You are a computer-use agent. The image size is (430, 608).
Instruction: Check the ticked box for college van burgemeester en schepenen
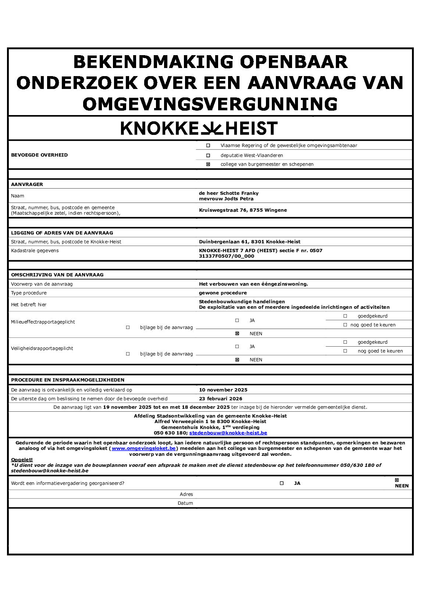coord(208,164)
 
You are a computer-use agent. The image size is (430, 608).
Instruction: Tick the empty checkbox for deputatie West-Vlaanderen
coord(208,155)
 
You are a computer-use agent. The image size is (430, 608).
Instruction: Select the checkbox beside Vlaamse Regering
coord(208,146)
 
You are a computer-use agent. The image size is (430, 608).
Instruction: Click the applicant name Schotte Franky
coord(239,193)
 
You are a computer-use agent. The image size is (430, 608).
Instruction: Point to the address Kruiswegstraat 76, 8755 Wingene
coord(243,210)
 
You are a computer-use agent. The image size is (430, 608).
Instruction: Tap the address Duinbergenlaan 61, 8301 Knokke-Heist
coord(249,242)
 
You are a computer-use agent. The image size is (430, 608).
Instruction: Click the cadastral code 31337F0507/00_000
coord(226,256)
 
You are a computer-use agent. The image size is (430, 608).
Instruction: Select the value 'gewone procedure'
coord(223,293)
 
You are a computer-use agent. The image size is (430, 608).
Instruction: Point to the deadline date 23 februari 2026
coord(220,399)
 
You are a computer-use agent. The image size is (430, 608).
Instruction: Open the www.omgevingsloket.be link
coord(143,448)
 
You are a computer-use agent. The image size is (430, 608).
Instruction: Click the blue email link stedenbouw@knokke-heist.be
coord(228,433)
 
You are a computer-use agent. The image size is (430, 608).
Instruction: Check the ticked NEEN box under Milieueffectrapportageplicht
coord(237,334)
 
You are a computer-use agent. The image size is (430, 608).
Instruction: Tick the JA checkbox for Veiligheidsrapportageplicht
coord(237,347)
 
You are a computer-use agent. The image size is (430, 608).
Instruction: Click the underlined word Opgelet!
coord(22,460)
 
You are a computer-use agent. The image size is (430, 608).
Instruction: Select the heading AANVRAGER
coord(27,185)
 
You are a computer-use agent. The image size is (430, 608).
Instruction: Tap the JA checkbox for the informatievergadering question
coord(282,483)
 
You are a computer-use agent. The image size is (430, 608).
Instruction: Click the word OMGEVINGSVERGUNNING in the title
coord(210,104)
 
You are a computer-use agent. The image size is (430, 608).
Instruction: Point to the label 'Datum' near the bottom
coord(185,503)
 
